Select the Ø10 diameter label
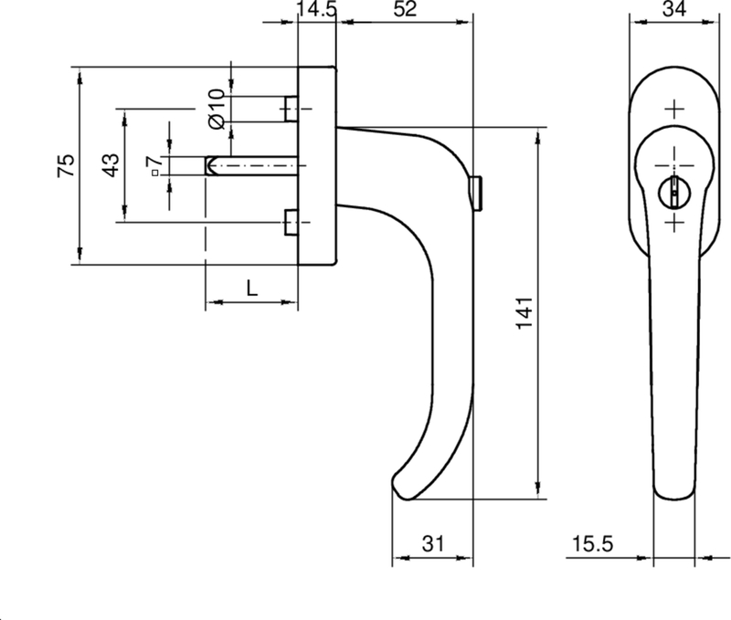click(216, 108)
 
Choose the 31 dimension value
click(432, 544)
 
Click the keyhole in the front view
click(674, 190)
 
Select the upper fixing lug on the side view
click(291, 109)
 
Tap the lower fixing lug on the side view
click(291, 222)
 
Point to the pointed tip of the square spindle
click(210, 165)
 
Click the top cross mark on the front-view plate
click(674, 110)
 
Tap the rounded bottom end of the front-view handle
click(675, 493)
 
